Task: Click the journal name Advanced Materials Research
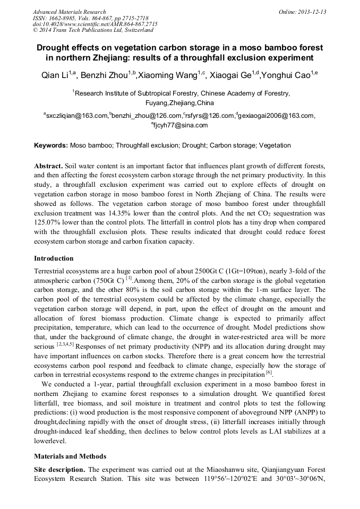69,12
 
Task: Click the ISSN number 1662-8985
63,18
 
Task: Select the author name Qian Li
54,76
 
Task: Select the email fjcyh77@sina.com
180,125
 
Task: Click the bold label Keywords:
51,145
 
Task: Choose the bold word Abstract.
49,165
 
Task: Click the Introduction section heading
54,258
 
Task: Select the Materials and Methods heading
70,456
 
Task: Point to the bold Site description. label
59,470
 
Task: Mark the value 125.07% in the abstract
49,222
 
